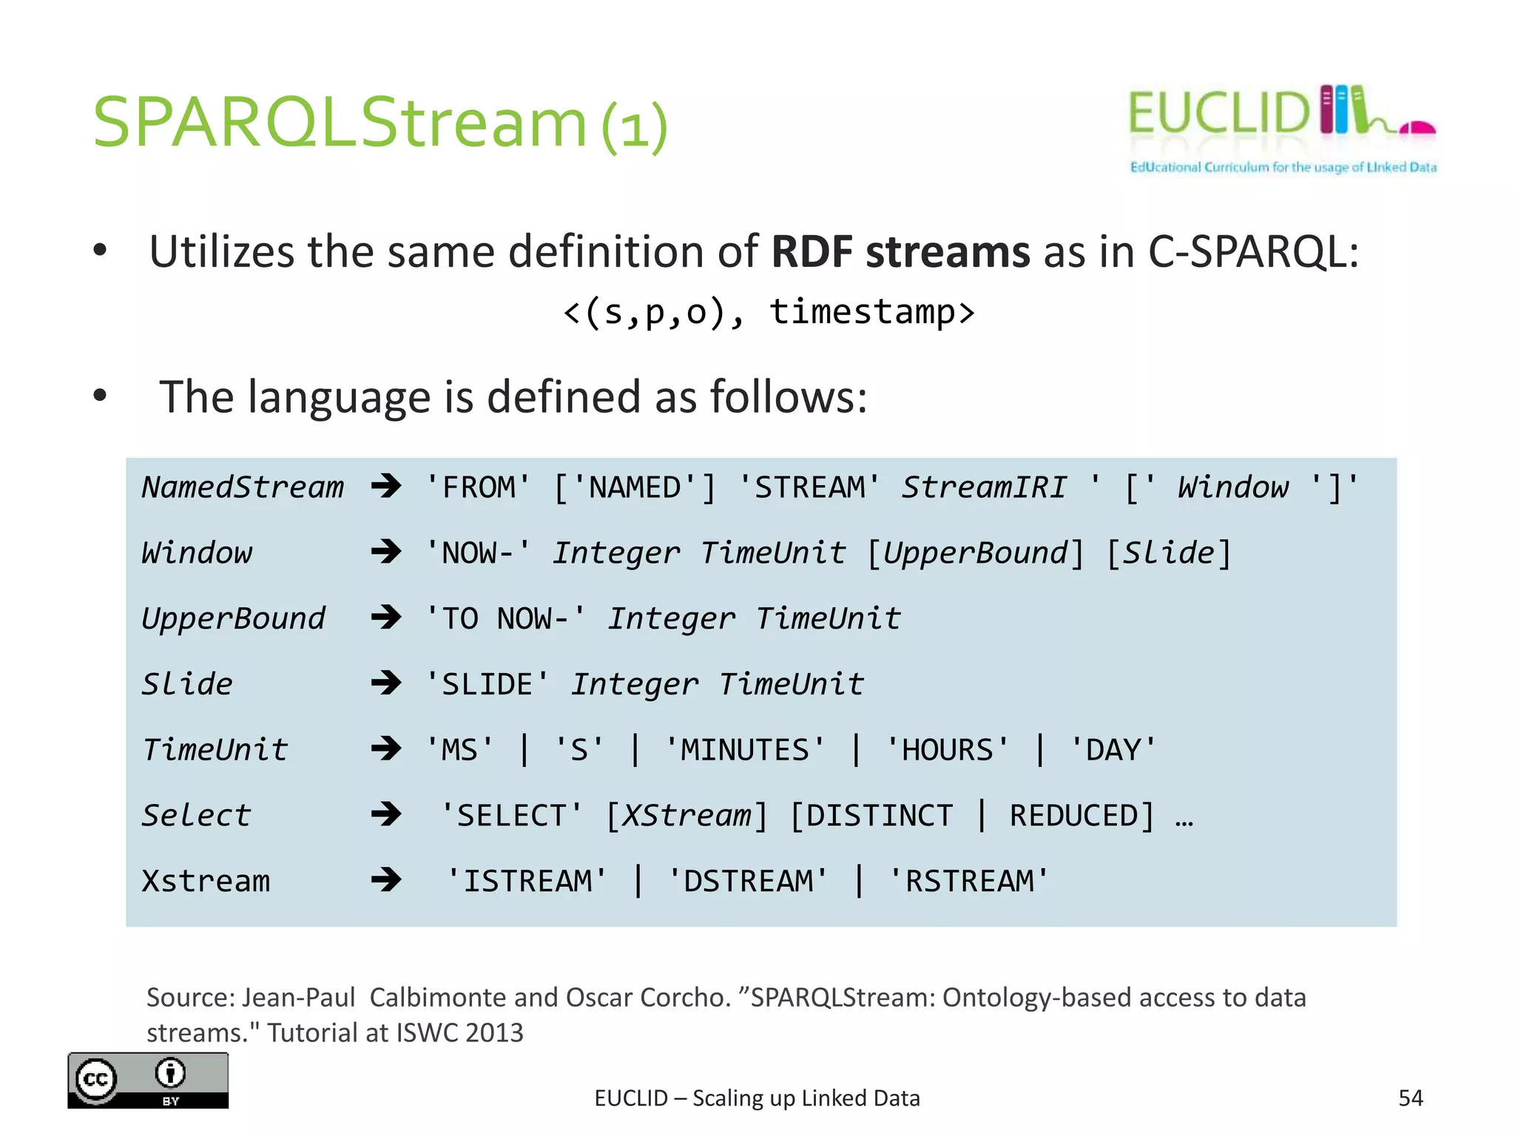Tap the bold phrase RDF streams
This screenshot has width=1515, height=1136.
(900, 251)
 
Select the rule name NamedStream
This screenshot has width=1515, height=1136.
(243, 487)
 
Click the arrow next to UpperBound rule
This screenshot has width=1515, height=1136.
(385, 617)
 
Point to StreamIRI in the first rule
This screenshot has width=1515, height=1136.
(984, 487)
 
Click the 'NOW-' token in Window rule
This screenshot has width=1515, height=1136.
(479, 553)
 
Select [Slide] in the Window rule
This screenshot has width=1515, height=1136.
(1169, 553)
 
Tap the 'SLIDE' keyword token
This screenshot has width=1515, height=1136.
(487, 684)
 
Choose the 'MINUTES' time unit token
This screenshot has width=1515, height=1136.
(745, 750)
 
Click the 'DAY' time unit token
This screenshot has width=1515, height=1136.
(1113, 750)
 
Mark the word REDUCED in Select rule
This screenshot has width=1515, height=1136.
(1073, 816)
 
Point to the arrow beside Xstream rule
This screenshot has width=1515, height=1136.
(385, 880)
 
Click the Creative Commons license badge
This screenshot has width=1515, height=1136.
(148, 1080)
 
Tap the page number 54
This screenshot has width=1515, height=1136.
(1410, 1098)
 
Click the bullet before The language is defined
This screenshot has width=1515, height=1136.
(101, 396)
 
